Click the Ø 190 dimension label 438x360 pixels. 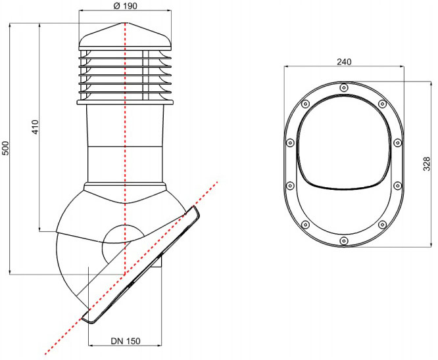pos(126,6)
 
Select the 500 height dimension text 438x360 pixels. pos(6,148)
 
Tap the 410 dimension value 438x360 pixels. pos(36,127)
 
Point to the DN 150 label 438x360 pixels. pos(126,341)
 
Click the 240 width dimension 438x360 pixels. pos(344,62)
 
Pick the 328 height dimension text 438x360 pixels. pos(427,164)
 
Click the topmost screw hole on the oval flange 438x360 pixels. pos(344,88)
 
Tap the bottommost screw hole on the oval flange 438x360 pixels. pos(344,240)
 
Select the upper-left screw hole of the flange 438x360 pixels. pos(305,104)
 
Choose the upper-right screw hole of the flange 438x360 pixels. pos(382,104)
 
